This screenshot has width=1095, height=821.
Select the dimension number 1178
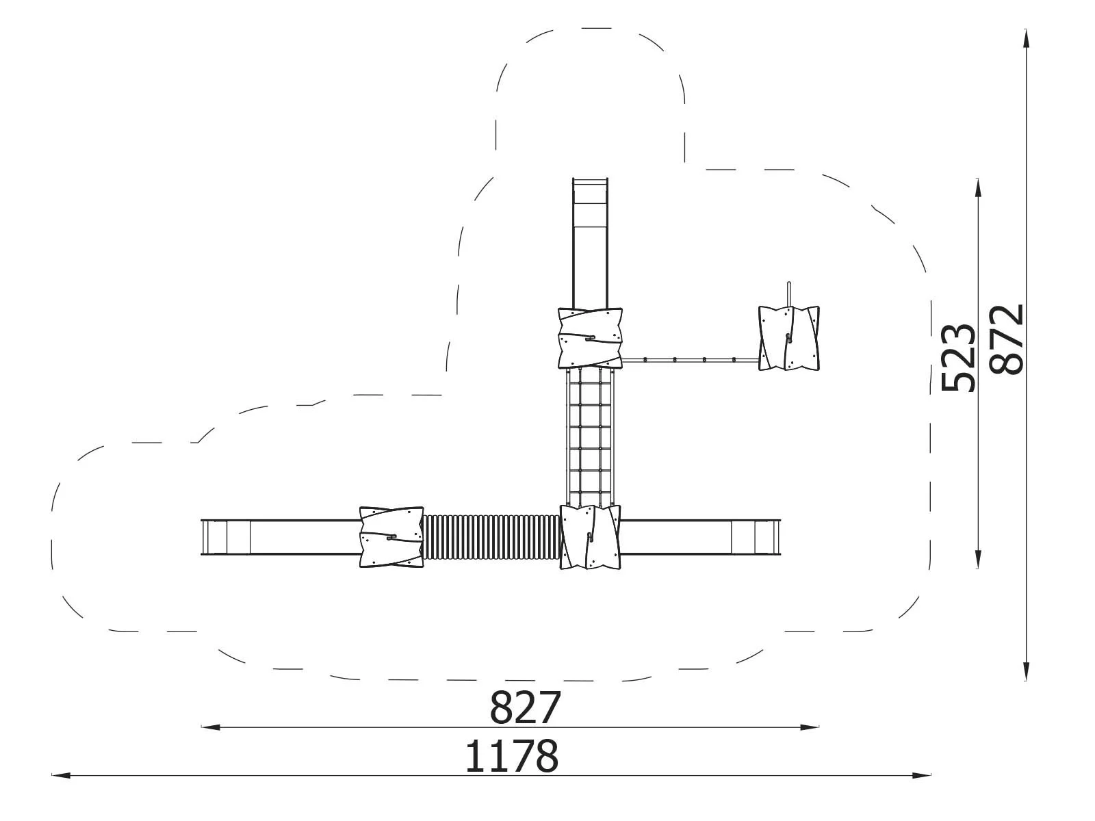pos(511,756)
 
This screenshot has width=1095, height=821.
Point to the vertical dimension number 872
pos(1006,339)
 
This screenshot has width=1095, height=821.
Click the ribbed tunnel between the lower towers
pos(491,537)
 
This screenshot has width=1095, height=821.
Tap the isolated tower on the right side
pos(788,338)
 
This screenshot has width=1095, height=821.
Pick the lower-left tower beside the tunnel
pos(391,537)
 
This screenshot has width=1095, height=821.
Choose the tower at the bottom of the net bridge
pos(590,537)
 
